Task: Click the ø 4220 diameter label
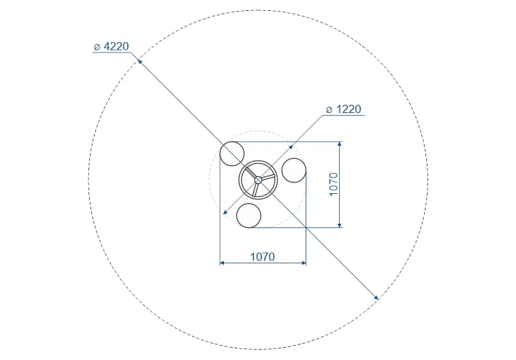111,46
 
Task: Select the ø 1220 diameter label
344,110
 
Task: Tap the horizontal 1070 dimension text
263,257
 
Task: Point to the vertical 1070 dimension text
334,184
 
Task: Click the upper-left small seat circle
232,154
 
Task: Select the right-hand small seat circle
294,170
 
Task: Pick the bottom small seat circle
248,216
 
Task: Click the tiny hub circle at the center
258,180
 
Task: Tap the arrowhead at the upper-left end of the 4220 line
140,61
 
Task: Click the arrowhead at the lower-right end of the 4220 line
376,298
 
